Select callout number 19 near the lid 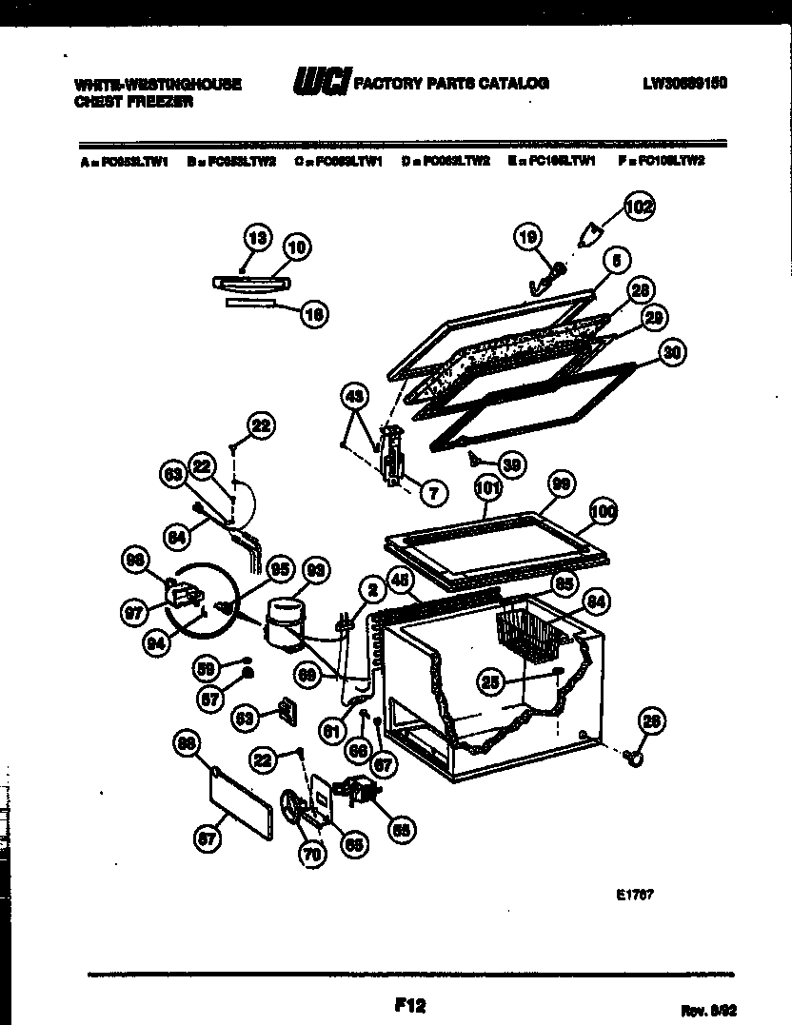tap(527, 236)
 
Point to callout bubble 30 tap(672, 351)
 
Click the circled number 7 tap(432, 492)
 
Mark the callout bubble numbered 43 tap(354, 394)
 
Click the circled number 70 tap(311, 855)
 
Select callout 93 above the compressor tap(315, 571)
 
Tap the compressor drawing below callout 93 tap(283, 621)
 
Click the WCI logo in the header tap(321, 82)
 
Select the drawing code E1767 tap(633, 895)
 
